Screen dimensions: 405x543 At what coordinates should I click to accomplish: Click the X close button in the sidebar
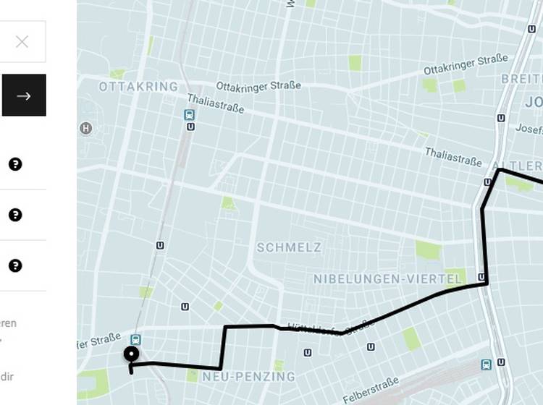pyautogui.click(x=22, y=41)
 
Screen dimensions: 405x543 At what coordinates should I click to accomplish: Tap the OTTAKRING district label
pyautogui.click(x=138, y=87)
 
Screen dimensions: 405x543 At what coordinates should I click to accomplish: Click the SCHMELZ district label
pyautogui.click(x=289, y=247)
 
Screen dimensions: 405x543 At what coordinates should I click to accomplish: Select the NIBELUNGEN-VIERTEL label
pyautogui.click(x=388, y=279)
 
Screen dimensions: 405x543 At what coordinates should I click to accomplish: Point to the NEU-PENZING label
pyautogui.click(x=248, y=377)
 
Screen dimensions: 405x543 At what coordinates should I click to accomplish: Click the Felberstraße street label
pyautogui.click(x=371, y=388)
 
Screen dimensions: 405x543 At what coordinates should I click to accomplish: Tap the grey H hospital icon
pyautogui.click(x=86, y=129)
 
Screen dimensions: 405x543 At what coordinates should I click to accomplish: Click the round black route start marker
pyautogui.click(x=131, y=354)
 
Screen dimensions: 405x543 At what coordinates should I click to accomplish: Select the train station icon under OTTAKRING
pyautogui.click(x=190, y=114)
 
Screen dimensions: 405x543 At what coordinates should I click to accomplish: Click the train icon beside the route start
pyautogui.click(x=135, y=339)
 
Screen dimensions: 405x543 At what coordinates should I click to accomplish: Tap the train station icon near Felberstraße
pyautogui.click(x=487, y=364)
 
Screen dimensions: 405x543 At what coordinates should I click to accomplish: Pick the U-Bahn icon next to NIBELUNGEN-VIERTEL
pyautogui.click(x=481, y=277)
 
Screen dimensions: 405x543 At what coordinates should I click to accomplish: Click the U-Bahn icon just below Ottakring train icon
pyautogui.click(x=190, y=127)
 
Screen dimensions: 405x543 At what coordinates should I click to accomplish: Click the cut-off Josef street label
pyautogui.click(x=529, y=128)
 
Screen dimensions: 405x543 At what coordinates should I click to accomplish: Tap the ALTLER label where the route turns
pyautogui.click(x=516, y=165)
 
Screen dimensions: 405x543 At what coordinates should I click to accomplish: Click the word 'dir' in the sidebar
pyautogui.click(x=7, y=376)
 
